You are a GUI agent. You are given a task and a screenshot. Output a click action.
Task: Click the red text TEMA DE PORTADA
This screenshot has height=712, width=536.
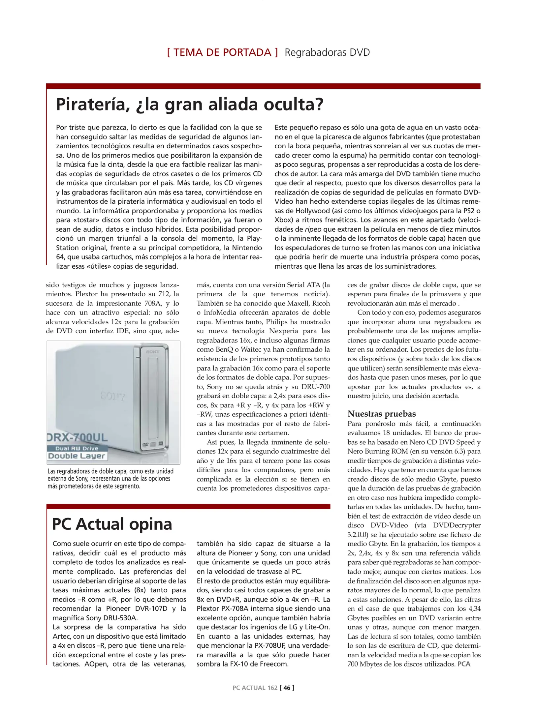(x=222, y=52)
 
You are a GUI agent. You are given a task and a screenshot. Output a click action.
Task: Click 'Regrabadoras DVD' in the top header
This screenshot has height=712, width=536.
(x=327, y=52)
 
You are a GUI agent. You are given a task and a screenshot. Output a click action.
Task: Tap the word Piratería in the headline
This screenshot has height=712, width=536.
(x=93, y=104)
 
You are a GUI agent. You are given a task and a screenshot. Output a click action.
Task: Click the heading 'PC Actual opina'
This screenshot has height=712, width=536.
(x=112, y=524)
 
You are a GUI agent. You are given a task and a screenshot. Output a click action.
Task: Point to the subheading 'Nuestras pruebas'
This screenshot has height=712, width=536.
(x=381, y=414)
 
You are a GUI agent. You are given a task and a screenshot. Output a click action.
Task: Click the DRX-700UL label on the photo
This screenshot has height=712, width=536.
(x=78, y=437)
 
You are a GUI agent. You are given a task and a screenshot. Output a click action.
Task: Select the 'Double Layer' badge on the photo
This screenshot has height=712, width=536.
(x=77, y=456)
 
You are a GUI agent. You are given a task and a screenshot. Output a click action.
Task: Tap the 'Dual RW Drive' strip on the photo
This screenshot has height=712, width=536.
(x=77, y=448)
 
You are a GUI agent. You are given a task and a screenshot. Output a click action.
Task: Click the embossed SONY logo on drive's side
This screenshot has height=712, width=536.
(x=113, y=396)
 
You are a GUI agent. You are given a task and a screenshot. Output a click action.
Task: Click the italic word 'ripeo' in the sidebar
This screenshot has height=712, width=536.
(x=313, y=229)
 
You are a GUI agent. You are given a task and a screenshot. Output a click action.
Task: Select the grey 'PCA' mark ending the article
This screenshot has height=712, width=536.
(x=463, y=664)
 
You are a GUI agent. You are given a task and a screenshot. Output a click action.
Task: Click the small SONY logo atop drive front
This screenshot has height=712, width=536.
(x=152, y=352)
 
